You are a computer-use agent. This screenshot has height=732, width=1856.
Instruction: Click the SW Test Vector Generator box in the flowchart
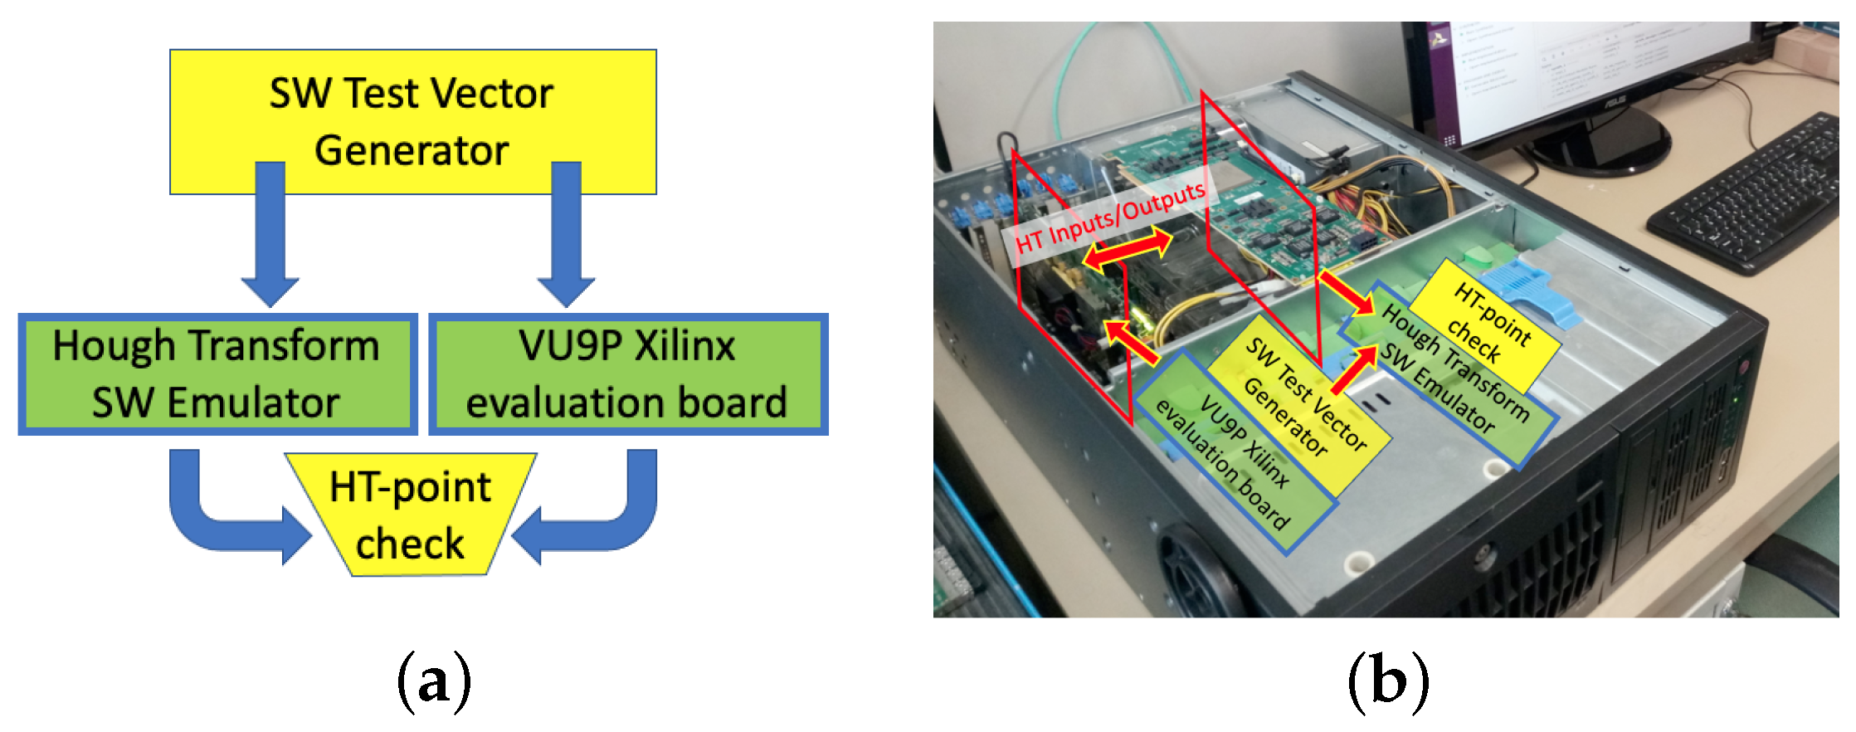[x=412, y=121]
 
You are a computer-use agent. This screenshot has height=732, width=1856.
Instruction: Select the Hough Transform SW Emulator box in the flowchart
[x=217, y=374]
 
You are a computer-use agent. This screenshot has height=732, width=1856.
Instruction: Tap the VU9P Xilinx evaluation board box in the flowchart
[x=627, y=374]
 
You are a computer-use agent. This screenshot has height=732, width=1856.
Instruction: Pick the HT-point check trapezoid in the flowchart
[x=411, y=515]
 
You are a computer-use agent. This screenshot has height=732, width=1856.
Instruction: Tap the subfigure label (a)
[x=434, y=681]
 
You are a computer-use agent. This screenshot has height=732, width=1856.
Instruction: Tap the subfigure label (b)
[x=1388, y=681]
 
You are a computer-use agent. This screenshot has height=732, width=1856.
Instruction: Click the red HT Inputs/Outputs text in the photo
[x=1110, y=217]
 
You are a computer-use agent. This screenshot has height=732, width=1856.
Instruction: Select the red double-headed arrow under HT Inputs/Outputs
[x=1128, y=250]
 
